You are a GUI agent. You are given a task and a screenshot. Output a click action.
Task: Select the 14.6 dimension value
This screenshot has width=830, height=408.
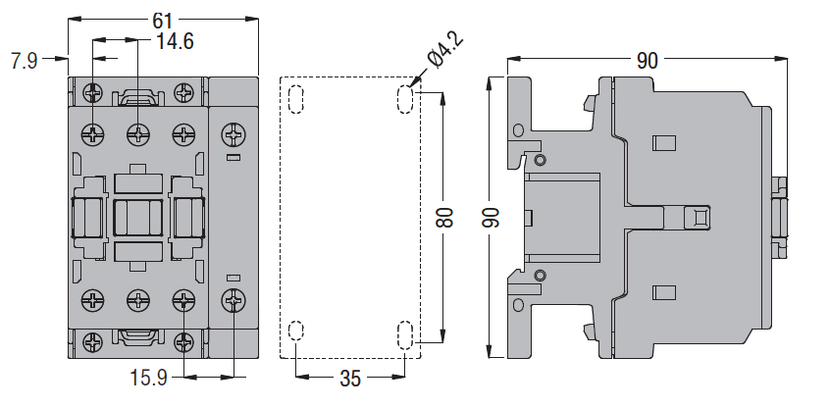[175, 40]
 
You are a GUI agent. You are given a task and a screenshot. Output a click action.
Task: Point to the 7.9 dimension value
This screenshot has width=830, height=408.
[24, 61]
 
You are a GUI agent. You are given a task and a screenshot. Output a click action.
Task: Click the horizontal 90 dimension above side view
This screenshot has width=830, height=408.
[648, 61]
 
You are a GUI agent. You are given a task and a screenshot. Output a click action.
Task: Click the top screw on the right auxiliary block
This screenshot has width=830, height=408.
[233, 131]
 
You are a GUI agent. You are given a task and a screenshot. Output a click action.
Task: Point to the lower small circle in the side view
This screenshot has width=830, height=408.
[540, 275]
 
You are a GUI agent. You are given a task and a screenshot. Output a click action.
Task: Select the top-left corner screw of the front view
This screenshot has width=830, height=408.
[93, 92]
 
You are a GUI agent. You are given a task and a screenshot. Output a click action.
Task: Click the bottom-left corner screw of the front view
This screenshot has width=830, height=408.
[93, 342]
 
